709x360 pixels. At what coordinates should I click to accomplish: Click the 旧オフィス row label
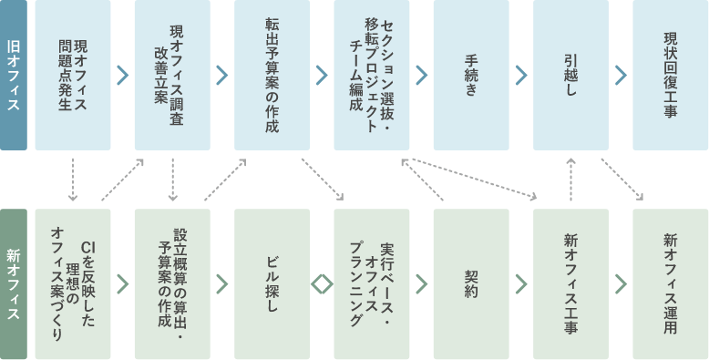(13, 75)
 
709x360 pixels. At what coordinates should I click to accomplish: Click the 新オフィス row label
(13, 284)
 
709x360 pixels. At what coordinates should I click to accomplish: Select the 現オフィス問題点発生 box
(73, 75)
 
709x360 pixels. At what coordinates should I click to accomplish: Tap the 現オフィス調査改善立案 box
(172, 75)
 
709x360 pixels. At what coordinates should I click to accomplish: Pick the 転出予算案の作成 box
(272, 75)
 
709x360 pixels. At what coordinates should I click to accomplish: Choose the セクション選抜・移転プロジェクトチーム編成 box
(371, 75)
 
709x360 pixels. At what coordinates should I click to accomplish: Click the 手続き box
(471, 75)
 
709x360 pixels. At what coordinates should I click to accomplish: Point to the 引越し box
(570, 75)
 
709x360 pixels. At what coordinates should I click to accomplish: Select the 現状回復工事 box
(670, 75)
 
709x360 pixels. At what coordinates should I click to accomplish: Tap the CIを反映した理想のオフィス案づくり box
(73, 284)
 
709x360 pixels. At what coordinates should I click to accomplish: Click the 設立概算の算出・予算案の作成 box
(172, 284)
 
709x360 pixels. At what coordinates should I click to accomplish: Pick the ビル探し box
(272, 284)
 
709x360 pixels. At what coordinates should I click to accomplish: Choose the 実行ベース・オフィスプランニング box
(371, 284)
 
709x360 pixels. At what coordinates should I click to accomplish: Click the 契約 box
(471, 284)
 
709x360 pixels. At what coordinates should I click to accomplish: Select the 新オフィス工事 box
(570, 284)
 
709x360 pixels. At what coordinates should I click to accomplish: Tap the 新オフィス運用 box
(670, 284)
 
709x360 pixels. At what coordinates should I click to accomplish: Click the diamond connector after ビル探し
(322, 284)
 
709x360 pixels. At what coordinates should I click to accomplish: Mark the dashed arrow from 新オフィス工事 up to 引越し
(570, 179)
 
